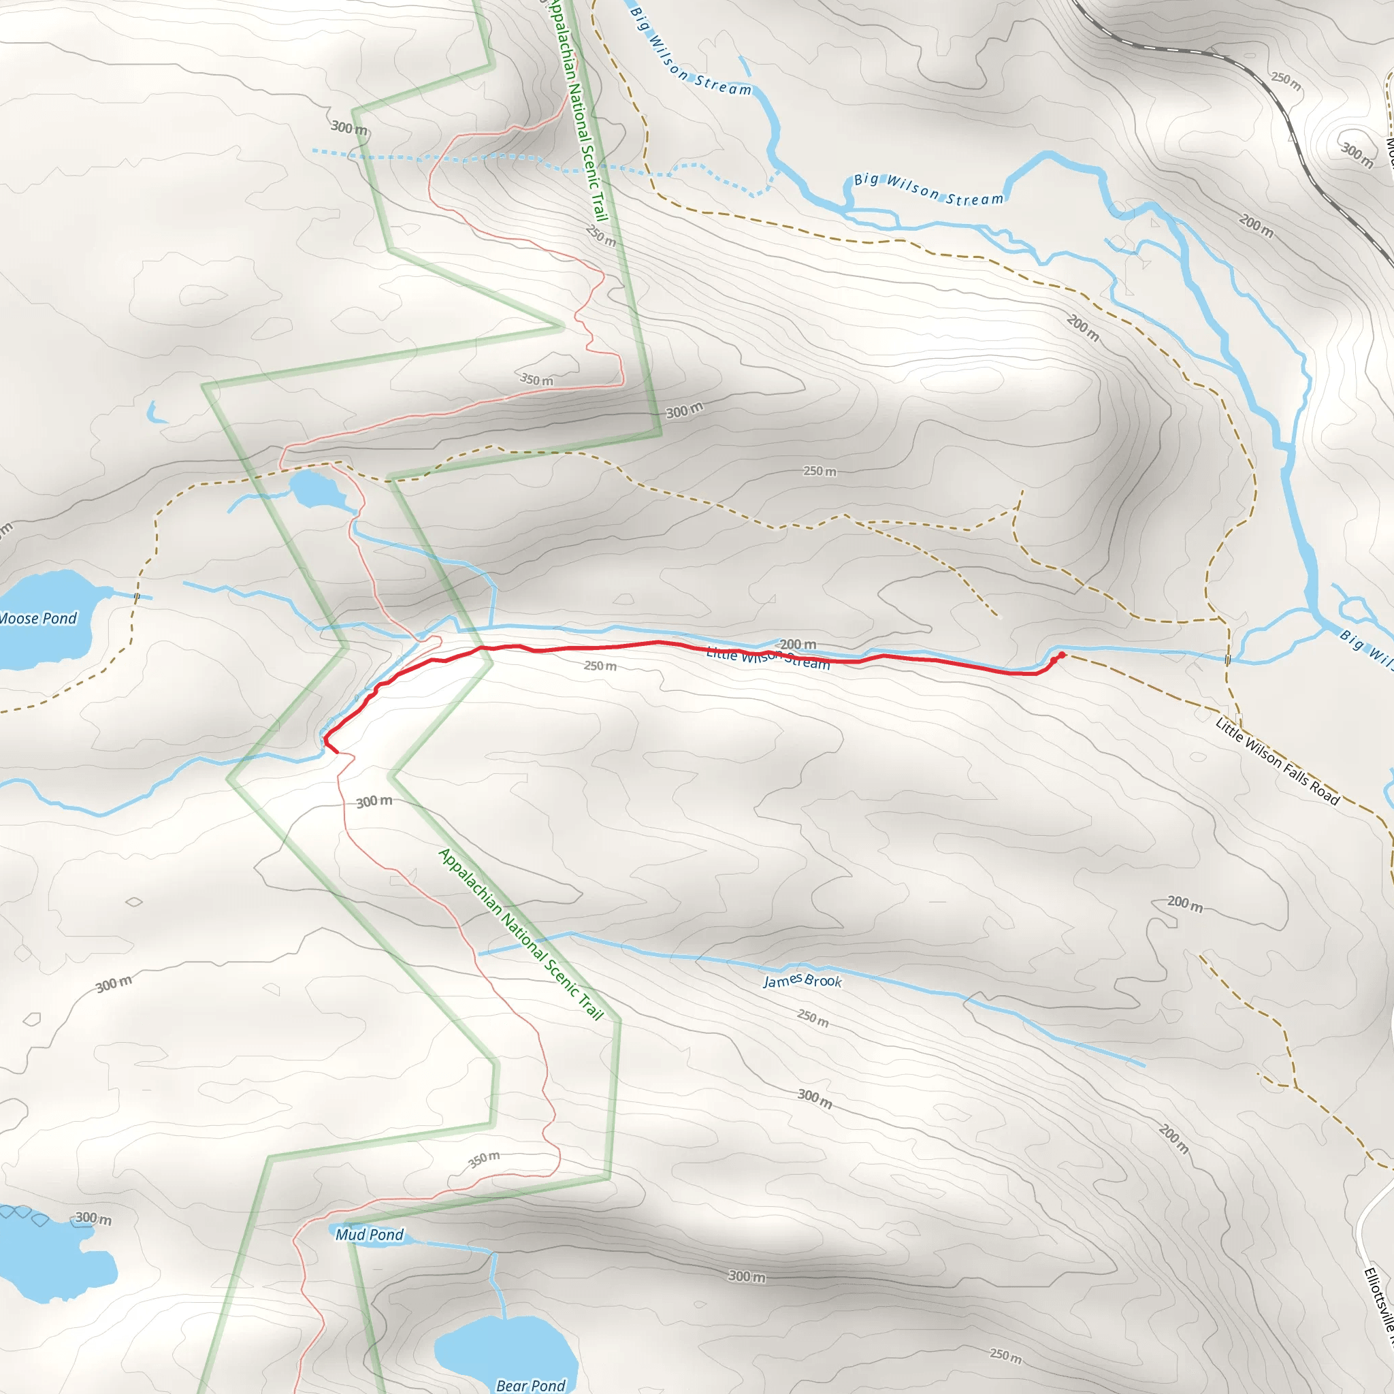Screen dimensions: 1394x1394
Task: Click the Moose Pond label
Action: point(38,618)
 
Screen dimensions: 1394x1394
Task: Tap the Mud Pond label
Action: point(370,1235)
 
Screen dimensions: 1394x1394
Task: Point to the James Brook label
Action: point(803,981)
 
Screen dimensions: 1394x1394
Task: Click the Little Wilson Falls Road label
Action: point(1277,761)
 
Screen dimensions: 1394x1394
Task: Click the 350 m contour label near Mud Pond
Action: point(483,1159)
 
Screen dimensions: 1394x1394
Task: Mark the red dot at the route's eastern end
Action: point(1061,655)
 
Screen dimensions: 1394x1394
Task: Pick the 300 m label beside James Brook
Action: point(815,1099)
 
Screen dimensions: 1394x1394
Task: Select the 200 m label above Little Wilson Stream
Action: point(798,644)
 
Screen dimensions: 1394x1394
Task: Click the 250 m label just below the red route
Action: point(600,665)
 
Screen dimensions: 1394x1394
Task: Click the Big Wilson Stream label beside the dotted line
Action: point(928,189)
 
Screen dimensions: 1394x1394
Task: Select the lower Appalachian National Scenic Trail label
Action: point(520,934)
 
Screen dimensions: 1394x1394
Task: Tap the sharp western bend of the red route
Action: point(325,739)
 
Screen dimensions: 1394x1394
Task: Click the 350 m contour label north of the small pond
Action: point(537,380)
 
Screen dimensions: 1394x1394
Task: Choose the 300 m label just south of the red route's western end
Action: point(374,802)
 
